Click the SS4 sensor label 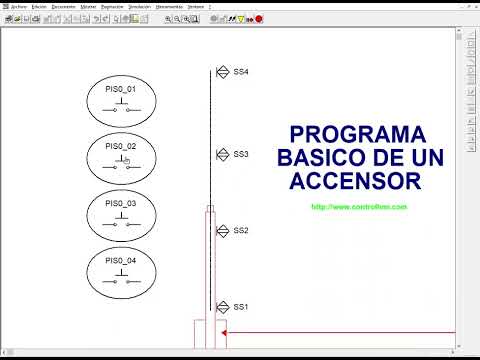[x=241, y=72]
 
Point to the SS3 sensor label [x=241, y=154]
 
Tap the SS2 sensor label [x=241, y=230]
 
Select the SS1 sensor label [x=241, y=307]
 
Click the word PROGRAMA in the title [x=357, y=134]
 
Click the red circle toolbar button [x=259, y=18]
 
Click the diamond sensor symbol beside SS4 [x=223, y=72]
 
